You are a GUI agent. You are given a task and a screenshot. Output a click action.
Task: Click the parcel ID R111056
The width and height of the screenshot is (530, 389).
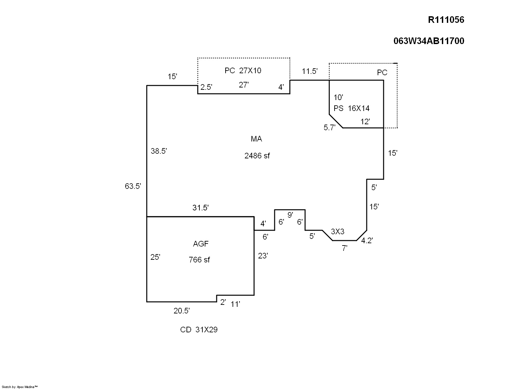pos(446,20)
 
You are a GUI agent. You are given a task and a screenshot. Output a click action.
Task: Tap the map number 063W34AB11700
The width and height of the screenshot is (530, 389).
pos(429,41)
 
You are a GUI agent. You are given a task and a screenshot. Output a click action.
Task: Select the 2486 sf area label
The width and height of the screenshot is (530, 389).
pos(257,156)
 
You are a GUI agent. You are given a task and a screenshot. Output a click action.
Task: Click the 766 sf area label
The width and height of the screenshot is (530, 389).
pos(199,260)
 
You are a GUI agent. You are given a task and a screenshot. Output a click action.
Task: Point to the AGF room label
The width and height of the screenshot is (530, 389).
pos(201,244)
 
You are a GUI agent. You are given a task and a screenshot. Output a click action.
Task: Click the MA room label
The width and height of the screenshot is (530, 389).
pos(256,139)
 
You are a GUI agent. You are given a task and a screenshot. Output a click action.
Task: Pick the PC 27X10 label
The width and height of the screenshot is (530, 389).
pos(243,71)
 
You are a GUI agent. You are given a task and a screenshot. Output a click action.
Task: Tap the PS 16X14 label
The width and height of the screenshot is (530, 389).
pos(351,108)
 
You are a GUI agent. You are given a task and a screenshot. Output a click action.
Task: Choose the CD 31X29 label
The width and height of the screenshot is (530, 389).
pos(199,330)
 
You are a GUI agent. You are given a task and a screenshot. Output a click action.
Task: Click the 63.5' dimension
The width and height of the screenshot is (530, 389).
pos(133,186)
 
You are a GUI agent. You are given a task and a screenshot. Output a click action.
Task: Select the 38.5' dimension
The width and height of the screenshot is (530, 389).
pos(159,151)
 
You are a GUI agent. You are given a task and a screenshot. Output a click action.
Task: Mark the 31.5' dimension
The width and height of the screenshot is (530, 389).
pos(200,208)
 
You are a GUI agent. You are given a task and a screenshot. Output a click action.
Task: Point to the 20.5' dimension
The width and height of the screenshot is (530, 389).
pos(182,311)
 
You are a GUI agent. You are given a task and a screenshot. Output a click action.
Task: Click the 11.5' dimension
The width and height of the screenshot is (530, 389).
pos(310,71)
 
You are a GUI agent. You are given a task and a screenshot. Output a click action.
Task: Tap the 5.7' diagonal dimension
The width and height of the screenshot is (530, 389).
pos(330,128)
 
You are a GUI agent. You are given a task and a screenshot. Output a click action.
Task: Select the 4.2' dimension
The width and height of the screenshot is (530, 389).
pos(367,241)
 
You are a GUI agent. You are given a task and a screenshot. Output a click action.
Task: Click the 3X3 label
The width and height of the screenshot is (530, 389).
pos(338,232)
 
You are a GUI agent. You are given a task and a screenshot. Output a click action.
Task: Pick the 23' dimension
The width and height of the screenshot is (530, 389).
pos(263,256)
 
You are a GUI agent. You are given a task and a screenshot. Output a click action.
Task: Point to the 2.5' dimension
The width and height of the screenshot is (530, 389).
pos(206,87)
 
